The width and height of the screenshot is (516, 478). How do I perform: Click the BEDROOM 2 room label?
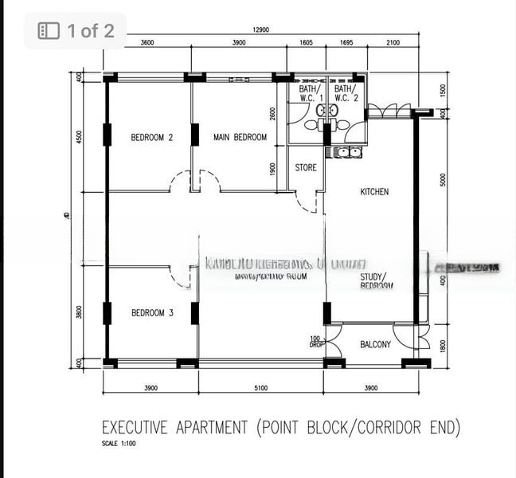point(151,138)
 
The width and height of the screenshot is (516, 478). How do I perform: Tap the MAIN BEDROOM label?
point(240,138)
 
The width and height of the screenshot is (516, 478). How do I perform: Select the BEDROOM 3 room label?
point(152,313)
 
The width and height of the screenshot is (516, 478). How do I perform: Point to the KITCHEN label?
point(374,192)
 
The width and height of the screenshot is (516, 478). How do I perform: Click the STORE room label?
point(306,168)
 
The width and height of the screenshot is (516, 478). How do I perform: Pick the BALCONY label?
point(375,345)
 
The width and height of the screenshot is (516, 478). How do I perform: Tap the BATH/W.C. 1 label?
point(307,94)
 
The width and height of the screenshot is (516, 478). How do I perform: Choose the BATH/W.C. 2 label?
point(346,94)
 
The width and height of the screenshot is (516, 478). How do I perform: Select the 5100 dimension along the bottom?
point(260,388)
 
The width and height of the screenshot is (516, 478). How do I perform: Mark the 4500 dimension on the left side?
point(79,137)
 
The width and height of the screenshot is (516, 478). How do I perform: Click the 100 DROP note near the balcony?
point(315,343)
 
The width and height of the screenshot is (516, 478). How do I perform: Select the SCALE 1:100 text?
point(119,444)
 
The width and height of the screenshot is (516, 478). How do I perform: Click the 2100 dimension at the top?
point(393,42)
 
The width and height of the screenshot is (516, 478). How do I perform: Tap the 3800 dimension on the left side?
point(79,312)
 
